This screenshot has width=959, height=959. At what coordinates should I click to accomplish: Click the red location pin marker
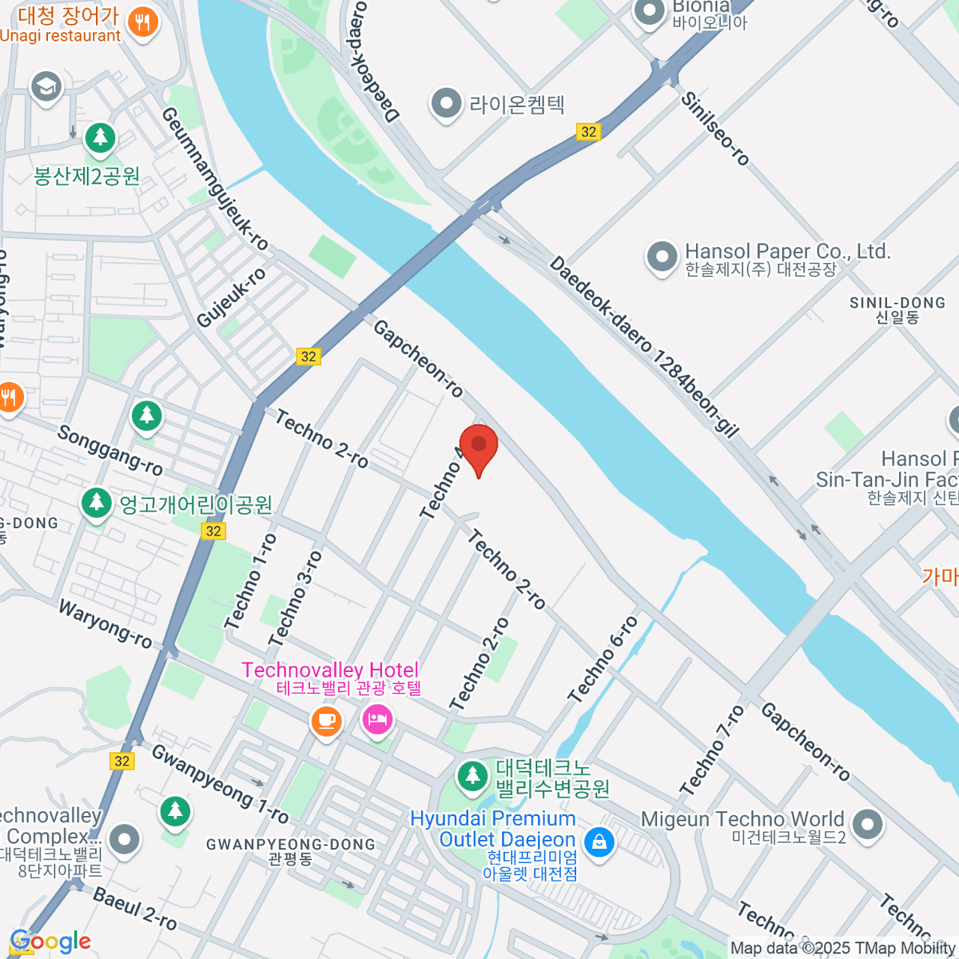coord(479,448)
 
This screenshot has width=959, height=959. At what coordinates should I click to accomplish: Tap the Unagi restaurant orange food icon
coord(143,22)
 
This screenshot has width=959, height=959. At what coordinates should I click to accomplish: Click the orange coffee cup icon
coord(326,722)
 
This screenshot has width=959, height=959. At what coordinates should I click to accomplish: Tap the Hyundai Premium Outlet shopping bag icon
coord(599,841)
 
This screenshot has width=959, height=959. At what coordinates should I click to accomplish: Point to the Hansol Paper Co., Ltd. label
coord(787,252)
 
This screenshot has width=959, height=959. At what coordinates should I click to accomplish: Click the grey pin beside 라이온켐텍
coord(445,104)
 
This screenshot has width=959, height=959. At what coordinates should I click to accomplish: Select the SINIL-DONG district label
coord(897,304)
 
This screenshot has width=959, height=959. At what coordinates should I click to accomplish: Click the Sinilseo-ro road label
coord(715,128)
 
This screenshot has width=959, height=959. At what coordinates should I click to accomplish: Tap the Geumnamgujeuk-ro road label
coord(214,177)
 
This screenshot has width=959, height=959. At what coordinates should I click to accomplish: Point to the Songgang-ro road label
coord(109,450)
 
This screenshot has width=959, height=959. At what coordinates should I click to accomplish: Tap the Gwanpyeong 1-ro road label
coord(220,784)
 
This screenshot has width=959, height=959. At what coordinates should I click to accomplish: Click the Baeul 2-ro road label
coord(134,908)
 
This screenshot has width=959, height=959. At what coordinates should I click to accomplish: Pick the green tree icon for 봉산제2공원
coord(100,138)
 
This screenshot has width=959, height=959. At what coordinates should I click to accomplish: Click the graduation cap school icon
coord(46,87)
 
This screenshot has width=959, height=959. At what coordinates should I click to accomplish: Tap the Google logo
coord(50,941)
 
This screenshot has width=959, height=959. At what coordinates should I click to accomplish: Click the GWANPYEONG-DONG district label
coord(290,845)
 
